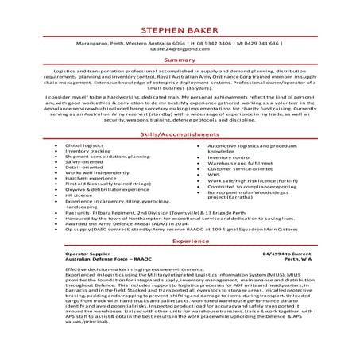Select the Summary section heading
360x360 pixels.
[x=180, y=59]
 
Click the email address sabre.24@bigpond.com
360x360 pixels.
[x=180, y=49]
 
